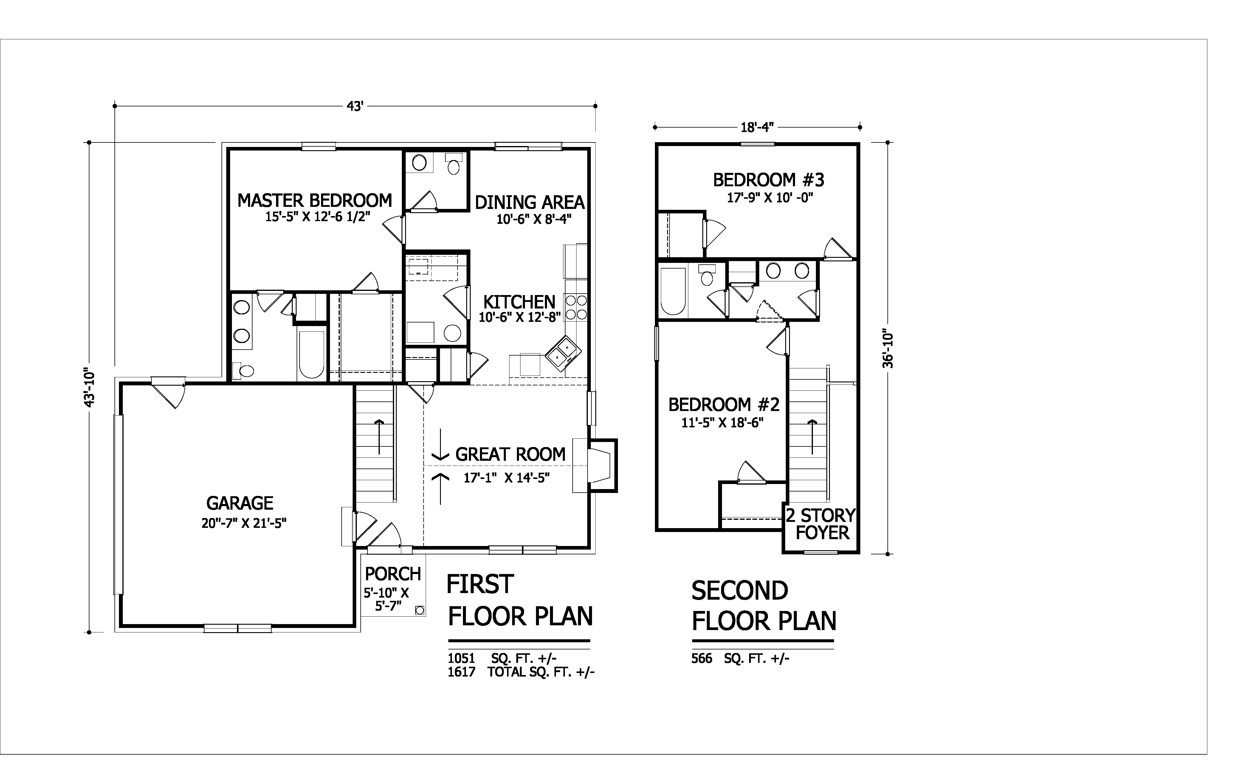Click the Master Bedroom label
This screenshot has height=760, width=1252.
click(x=314, y=201)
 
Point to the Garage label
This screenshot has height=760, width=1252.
click(x=240, y=503)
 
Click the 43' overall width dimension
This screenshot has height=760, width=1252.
click(x=355, y=106)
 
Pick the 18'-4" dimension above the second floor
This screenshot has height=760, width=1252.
click(x=757, y=127)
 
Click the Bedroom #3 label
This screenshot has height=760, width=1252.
click(x=769, y=180)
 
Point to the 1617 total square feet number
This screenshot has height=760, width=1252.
click(x=461, y=672)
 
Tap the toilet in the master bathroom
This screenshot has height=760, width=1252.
click(x=243, y=371)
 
